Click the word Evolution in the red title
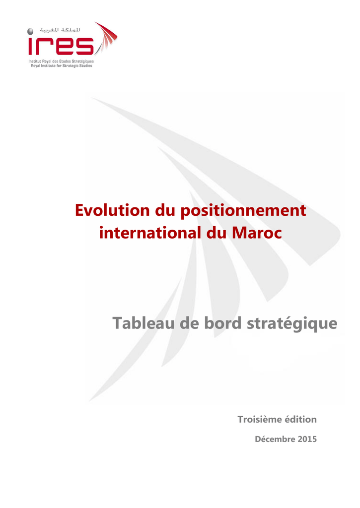(x=112, y=210)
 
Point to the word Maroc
(x=257, y=233)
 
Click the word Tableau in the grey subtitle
(x=144, y=323)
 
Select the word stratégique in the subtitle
(x=292, y=324)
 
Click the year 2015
(x=307, y=439)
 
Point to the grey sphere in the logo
(x=30, y=31)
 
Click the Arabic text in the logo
(x=60, y=30)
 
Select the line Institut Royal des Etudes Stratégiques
(x=61, y=61)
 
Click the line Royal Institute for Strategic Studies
(x=61, y=65)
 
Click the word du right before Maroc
(x=216, y=233)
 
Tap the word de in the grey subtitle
(x=189, y=323)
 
